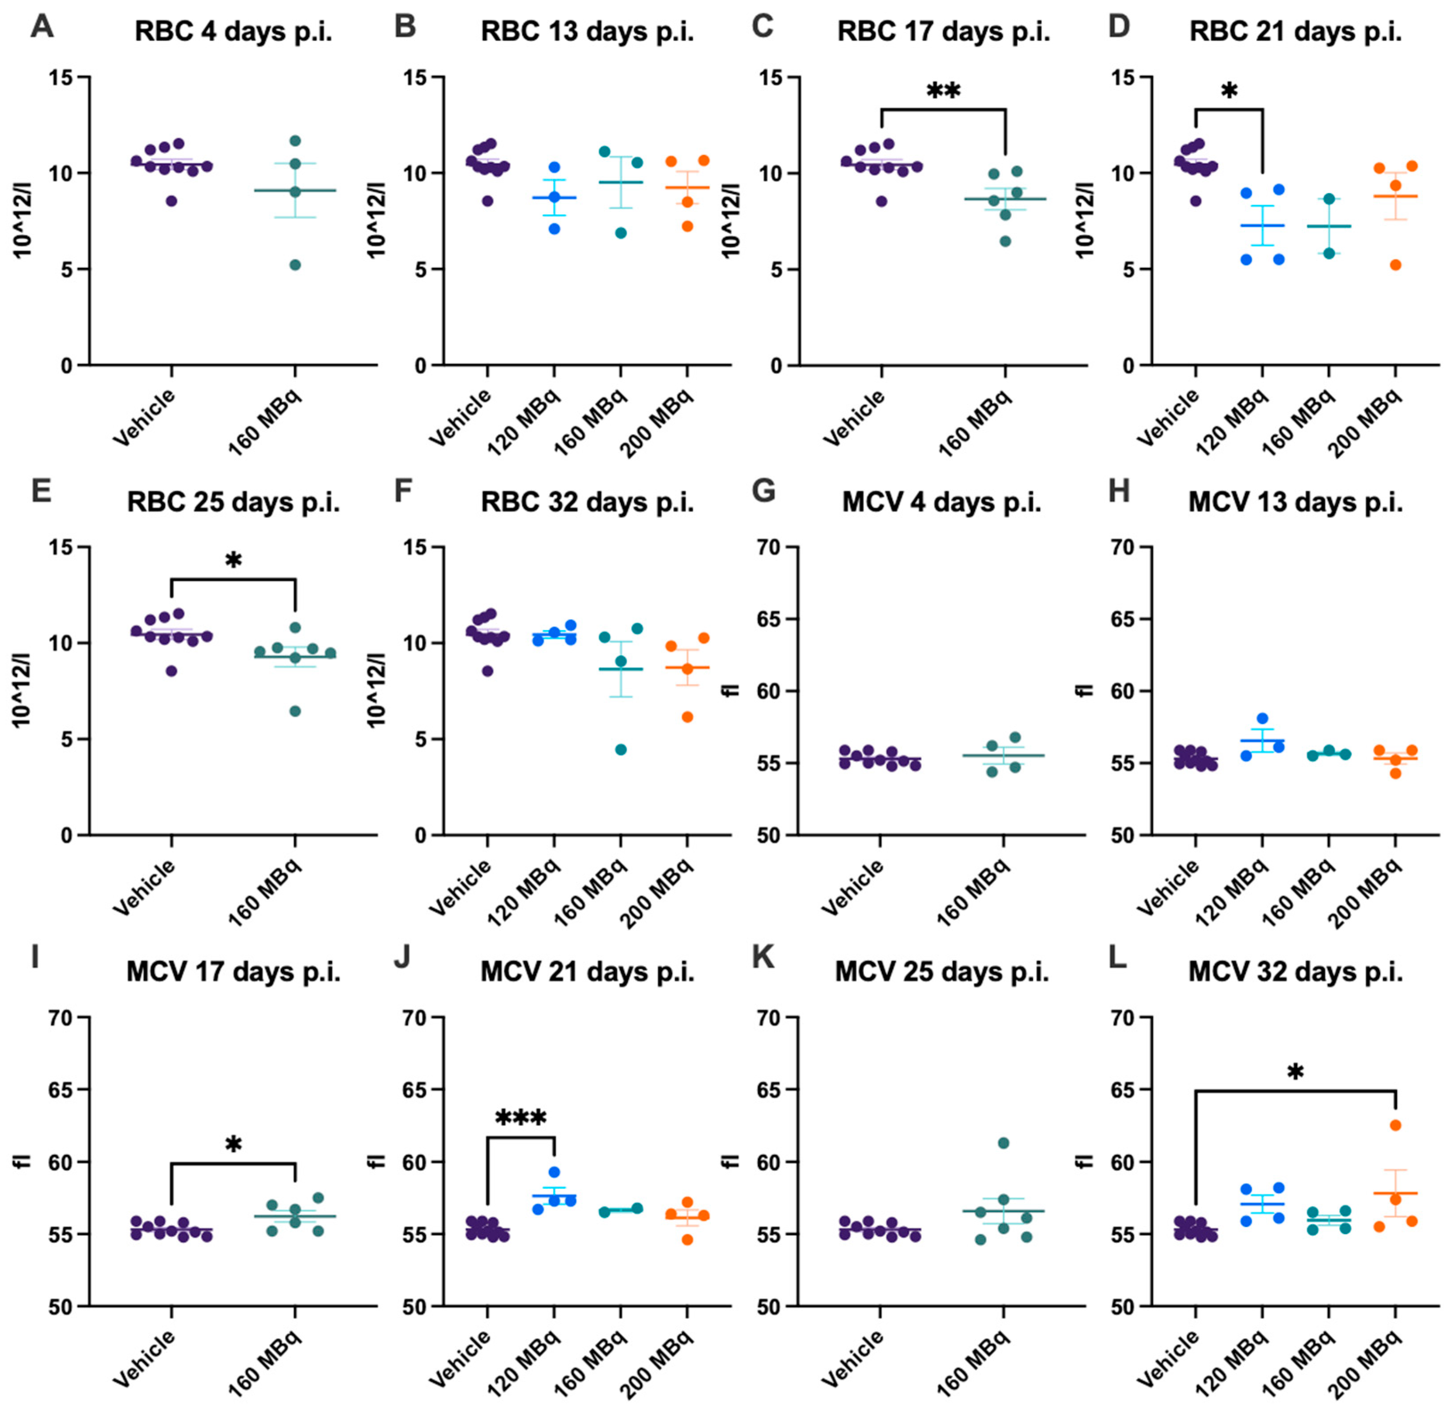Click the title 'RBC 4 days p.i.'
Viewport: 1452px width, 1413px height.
pos(233,32)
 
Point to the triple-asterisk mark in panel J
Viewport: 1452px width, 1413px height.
pos(520,1118)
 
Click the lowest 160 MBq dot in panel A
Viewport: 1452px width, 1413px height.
pos(296,265)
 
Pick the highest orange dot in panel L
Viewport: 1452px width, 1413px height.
pos(1395,1125)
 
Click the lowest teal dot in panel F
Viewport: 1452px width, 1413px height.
pos(621,749)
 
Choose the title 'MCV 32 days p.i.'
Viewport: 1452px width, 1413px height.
pos(1295,973)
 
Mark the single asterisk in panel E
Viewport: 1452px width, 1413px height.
pos(233,561)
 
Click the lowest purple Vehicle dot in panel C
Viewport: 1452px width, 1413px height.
pos(881,201)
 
